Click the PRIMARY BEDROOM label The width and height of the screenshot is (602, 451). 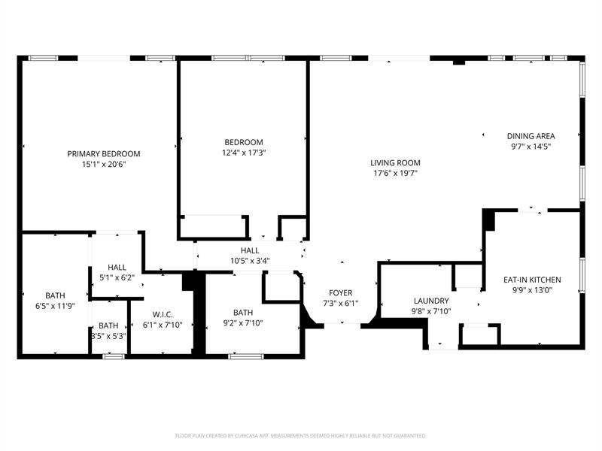point(104,153)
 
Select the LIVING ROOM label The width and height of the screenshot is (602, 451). point(395,162)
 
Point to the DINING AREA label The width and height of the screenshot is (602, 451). point(531,136)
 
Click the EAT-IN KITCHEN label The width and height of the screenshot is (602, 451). point(532,280)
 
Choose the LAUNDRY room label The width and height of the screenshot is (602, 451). point(430,301)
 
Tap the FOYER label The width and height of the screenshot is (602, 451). point(341,292)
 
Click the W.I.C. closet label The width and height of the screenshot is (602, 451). point(163,314)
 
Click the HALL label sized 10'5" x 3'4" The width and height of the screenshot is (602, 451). point(250,250)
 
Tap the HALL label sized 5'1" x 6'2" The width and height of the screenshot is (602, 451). point(117,267)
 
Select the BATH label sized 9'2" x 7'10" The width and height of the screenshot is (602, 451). point(243,313)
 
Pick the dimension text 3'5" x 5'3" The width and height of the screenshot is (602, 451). point(108,335)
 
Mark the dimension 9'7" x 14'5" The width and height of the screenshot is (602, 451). point(531,147)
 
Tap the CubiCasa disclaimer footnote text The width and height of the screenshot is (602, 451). point(301,435)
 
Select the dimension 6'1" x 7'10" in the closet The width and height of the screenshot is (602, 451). point(163,324)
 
